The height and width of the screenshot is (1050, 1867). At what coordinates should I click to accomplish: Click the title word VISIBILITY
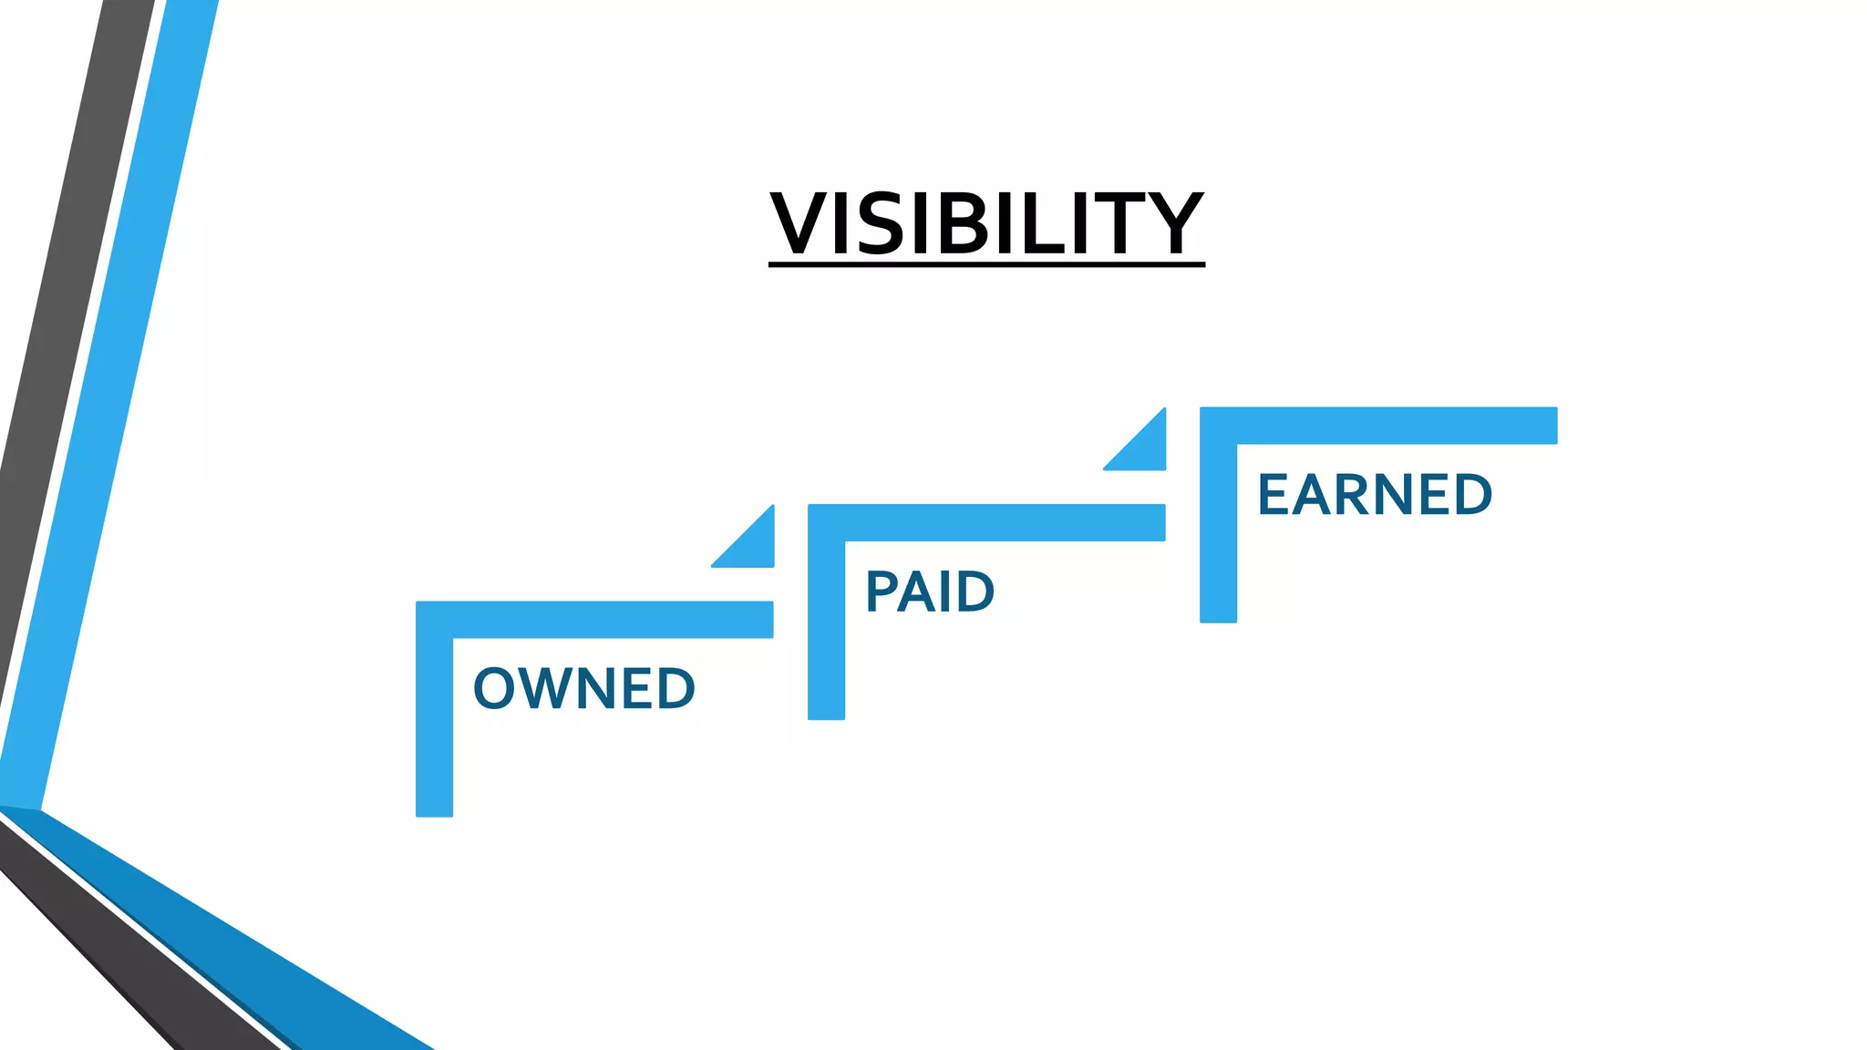click(x=986, y=223)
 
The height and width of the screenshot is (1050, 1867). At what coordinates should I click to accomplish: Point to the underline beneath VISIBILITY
click(x=986, y=264)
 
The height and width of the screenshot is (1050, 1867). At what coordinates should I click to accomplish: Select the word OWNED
click(x=584, y=688)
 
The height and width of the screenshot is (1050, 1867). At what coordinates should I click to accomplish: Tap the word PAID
click(x=929, y=592)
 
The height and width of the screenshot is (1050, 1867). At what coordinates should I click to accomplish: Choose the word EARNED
click(x=1374, y=495)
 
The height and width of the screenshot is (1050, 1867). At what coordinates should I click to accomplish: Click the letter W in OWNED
click(x=552, y=688)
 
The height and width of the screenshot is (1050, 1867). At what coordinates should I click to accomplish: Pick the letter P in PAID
click(x=882, y=592)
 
